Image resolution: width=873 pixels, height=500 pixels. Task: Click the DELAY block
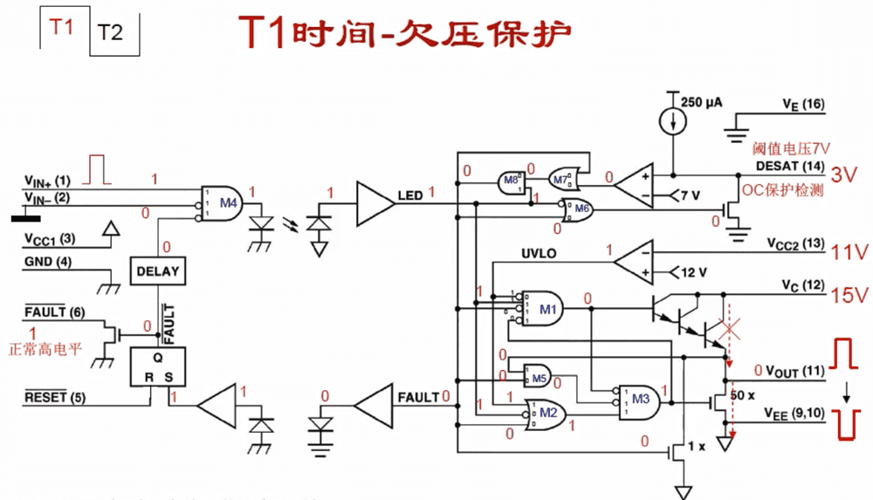coord(157,271)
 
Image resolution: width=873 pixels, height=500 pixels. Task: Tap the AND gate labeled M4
coord(223,203)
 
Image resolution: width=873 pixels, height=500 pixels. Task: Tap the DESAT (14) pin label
coord(791,166)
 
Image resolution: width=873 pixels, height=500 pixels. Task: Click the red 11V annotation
coord(850,252)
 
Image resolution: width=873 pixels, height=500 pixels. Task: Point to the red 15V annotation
coord(850,295)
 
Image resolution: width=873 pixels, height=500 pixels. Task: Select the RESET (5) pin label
coord(54,398)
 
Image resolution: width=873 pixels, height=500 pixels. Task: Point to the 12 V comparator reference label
coord(693,272)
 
